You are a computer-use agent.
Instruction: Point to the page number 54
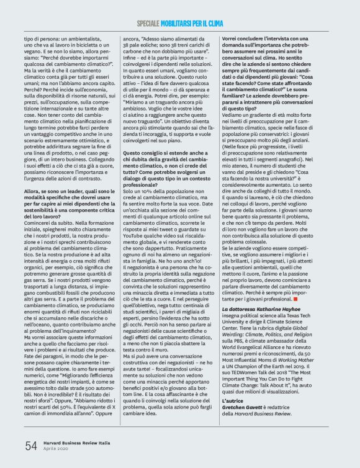pyautogui.click(x=30, y=445)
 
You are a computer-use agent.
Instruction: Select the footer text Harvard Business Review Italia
pyautogui.click(x=77, y=442)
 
